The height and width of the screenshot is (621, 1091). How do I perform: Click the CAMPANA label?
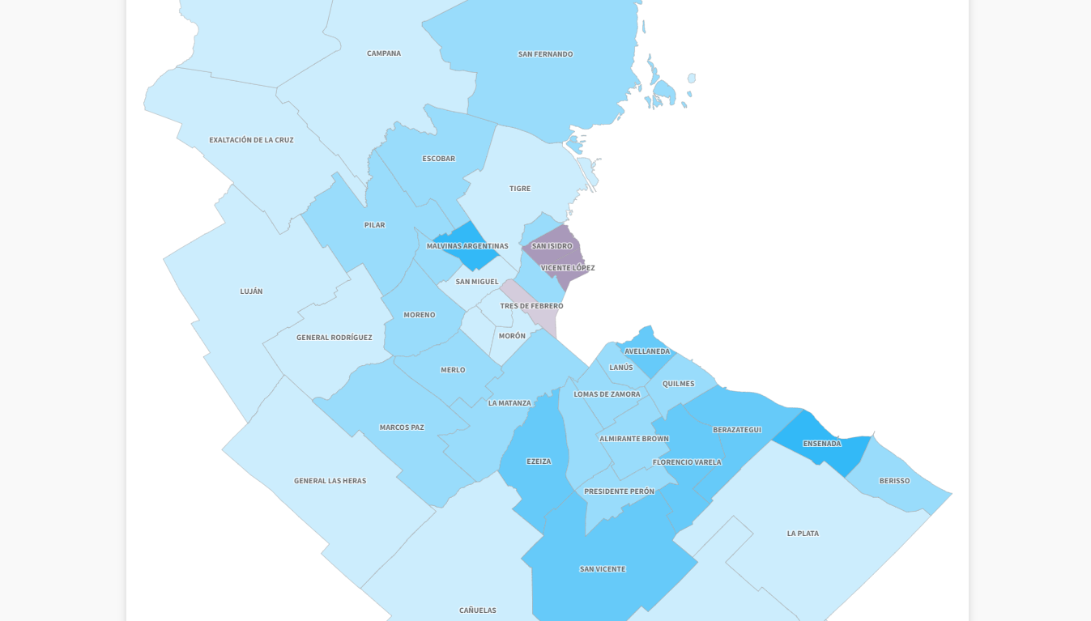[384, 53]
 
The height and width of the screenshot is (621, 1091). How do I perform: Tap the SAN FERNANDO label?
[545, 54]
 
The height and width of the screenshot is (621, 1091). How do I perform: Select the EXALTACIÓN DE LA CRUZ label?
[251, 140]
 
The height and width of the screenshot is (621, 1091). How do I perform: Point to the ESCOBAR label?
[438, 159]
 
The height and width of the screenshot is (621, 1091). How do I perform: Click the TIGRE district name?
[520, 189]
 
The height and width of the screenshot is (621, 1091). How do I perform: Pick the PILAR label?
[374, 225]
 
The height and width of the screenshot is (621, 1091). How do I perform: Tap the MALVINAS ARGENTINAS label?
[467, 246]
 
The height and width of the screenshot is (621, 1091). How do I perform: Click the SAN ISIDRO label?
[552, 246]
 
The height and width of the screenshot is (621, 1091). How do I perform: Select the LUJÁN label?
[251, 291]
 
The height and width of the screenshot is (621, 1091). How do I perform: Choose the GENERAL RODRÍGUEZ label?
[334, 338]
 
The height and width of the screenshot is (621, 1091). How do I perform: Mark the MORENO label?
[420, 315]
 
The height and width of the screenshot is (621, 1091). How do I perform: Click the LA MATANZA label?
[509, 403]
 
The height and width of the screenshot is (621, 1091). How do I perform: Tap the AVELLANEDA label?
[647, 351]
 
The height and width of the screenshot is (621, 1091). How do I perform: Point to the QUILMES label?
[678, 384]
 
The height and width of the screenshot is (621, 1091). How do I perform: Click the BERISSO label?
[894, 481]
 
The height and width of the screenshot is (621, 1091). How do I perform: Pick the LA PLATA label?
[803, 534]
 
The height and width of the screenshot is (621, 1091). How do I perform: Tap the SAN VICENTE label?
[603, 569]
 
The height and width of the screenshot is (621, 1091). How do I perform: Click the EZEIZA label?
[539, 461]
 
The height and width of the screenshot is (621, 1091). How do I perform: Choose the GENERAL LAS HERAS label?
[330, 481]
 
